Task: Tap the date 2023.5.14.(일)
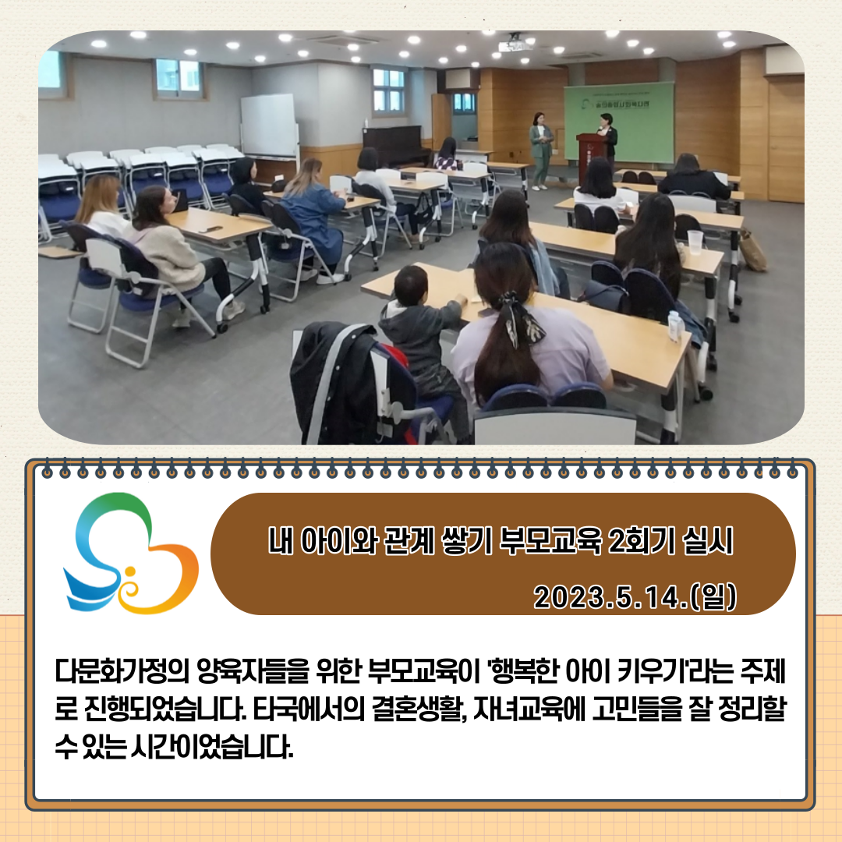635,596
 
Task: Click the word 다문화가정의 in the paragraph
122,671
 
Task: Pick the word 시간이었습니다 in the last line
211,747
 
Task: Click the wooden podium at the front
591,156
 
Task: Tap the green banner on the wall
618,122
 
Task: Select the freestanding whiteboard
269,127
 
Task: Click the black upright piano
396,145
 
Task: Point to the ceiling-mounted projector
515,44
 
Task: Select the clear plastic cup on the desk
695,242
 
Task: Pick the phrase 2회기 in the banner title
641,541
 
